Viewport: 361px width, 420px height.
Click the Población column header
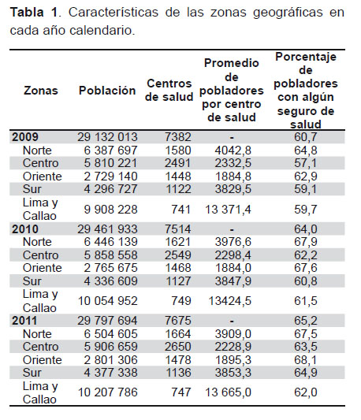pyautogui.click(x=107, y=91)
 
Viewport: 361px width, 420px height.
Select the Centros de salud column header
pyautogui.click(x=169, y=91)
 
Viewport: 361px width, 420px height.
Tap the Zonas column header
pyautogui.click(x=41, y=91)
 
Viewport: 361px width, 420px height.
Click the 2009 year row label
pyautogui.click(x=25, y=137)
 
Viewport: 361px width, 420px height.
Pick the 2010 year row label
pyautogui.click(x=25, y=229)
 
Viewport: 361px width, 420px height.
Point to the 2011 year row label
pyautogui.click(x=24, y=321)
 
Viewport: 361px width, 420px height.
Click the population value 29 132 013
pyautogui.click(x=107, y=137)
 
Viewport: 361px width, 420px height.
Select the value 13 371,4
pyautogui.click(x=228, y=210)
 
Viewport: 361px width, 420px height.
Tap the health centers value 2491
pyautogui.click(x=177, y=163)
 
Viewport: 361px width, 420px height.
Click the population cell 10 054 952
pyautogui.click(x=108, y=301)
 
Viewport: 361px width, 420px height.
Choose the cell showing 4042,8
pyautogui.click(x=233, y=151)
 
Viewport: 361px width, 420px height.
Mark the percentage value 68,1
pyautogui.click(x=306, y=360)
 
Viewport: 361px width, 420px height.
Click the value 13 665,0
pyautogui.click(x=228, y=392)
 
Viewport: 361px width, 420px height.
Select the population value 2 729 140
pyautogui.click(x=110, y=177)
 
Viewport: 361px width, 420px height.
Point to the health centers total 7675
pyautogui.click(x=178, y=321)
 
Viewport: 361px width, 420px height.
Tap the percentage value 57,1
pyautogui.click(x=306, y=163)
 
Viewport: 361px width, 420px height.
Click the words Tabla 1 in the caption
pyautogui.click(x=34, y=13)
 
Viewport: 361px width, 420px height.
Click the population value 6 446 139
pyautogui.click(x=110, y=242)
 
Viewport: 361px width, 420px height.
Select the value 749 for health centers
pyautogui.click(x=181, y=301)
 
